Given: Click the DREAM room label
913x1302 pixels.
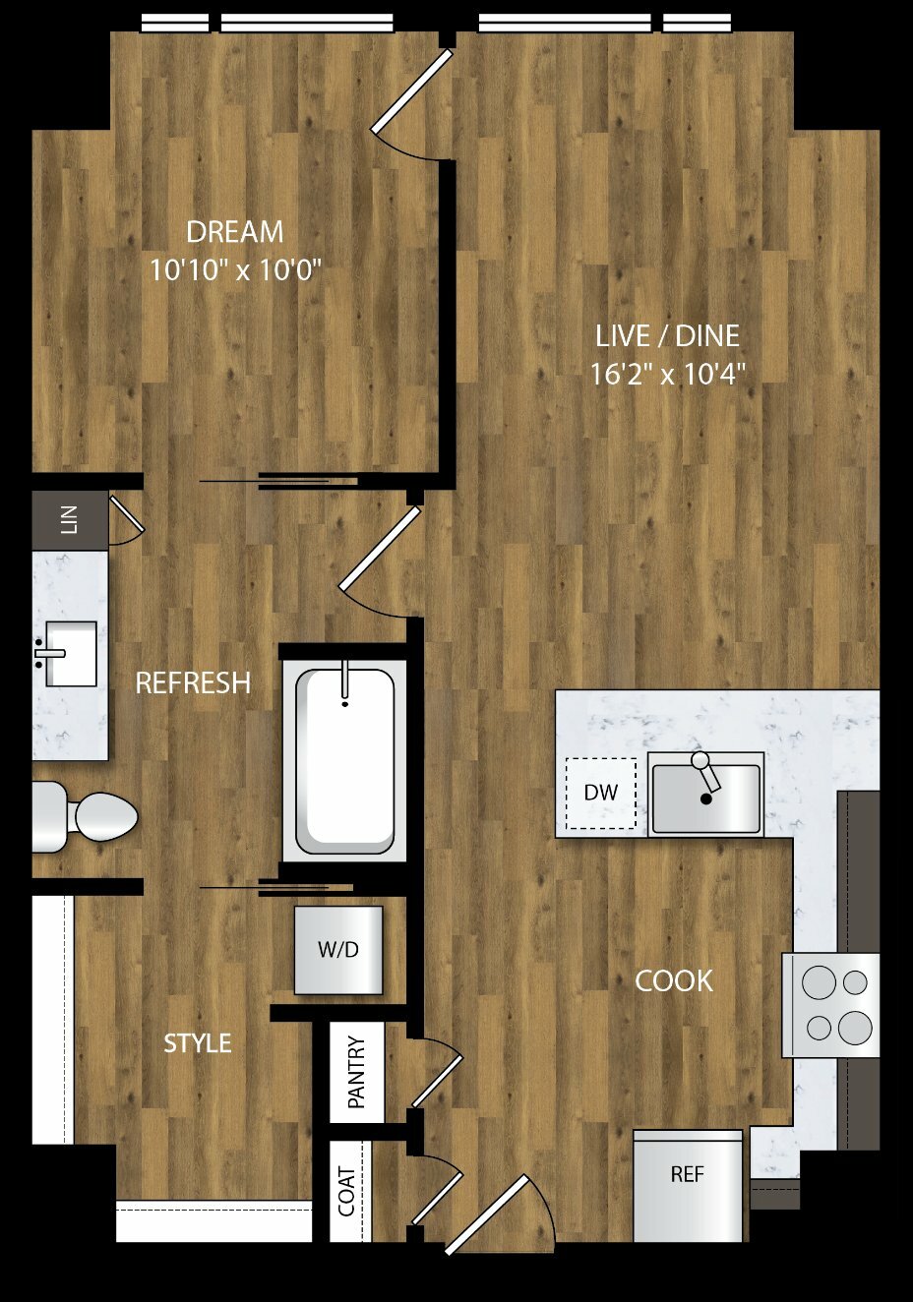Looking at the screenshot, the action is tap(235, 232).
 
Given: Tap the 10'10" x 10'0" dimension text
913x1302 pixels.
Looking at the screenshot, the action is tap(236, 270).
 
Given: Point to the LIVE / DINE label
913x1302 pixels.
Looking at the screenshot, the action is tap(668, 336).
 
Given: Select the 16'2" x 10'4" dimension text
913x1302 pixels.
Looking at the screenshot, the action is tap(668, 375).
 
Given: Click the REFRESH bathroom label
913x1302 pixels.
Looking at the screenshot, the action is tap(193, 683).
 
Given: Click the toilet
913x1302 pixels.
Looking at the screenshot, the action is tap(85, 816).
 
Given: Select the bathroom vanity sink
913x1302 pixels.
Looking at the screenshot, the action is tap(70, 654).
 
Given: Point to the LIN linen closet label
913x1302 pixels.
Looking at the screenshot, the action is tap(69, 520).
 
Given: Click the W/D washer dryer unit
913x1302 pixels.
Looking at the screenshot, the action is tap(338, 950).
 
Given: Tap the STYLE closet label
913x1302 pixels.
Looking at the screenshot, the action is tap(198, 1044).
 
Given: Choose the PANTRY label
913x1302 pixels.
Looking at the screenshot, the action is tap(356, 1072).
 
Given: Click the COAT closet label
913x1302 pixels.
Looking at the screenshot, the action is tap(346, 1192).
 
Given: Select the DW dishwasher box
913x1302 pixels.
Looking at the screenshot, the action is tap(601, 793).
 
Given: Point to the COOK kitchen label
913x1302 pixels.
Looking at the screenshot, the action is tap(674, 981).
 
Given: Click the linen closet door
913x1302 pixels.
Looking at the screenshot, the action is tap(127, 514).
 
